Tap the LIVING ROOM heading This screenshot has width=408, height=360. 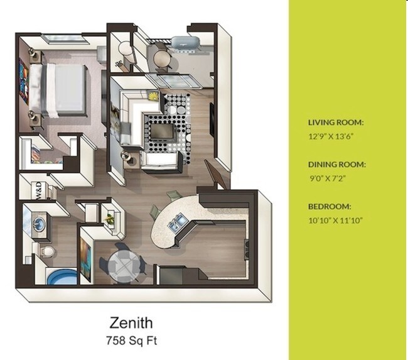pyautogui.click(x=335, y=123)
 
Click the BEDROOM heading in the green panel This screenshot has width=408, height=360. pyautogui.click(x=329, y=207)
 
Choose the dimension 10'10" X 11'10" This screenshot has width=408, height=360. pyautogui.click(x=336, y=219)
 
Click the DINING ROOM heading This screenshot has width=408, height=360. pyautogui.click(x=336, y=165)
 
